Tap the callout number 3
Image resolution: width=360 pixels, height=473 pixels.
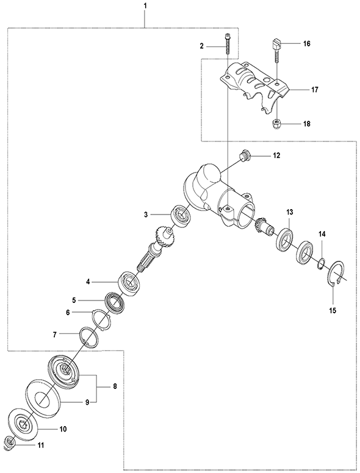pos(146,214)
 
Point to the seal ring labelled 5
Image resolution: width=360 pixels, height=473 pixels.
pos(114,302)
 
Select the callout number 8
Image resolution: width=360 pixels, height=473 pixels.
pos(114,386)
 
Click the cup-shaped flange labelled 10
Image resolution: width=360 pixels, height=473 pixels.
pos(24,422)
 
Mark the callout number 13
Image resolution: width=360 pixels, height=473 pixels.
pos(289,212)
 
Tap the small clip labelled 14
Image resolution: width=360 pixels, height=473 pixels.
pos(322,263)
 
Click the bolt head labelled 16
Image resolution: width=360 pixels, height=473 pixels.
pos(275,43)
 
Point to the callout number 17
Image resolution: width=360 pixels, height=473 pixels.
pos(315,90)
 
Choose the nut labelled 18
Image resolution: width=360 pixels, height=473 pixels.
pos(276,124)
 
